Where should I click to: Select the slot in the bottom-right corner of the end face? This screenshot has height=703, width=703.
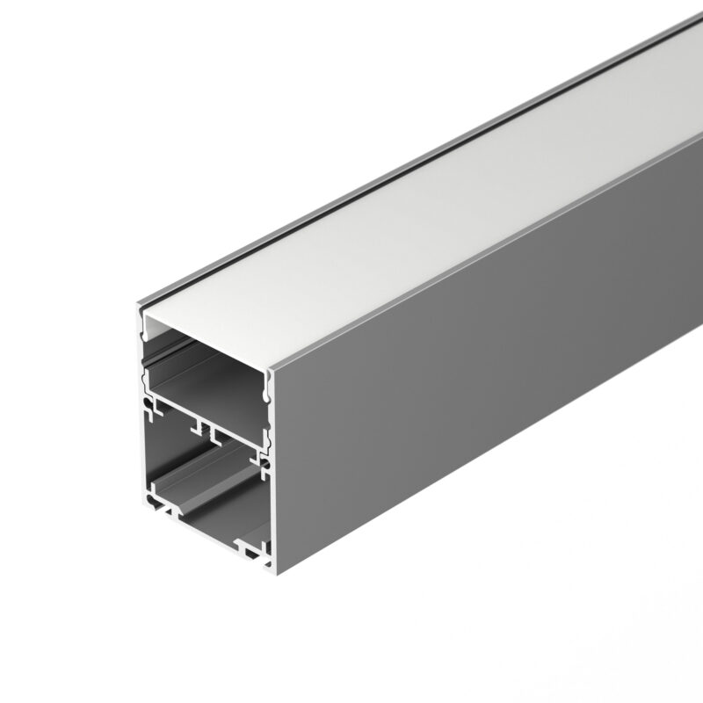(257, 551)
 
